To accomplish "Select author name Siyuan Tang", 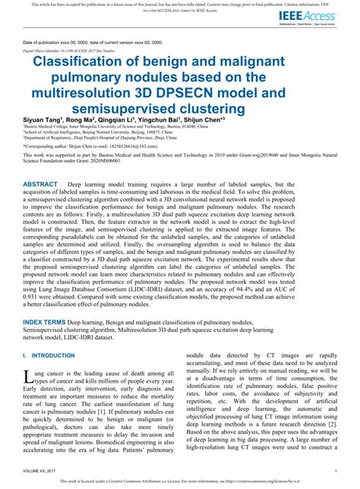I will pos(43,119).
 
